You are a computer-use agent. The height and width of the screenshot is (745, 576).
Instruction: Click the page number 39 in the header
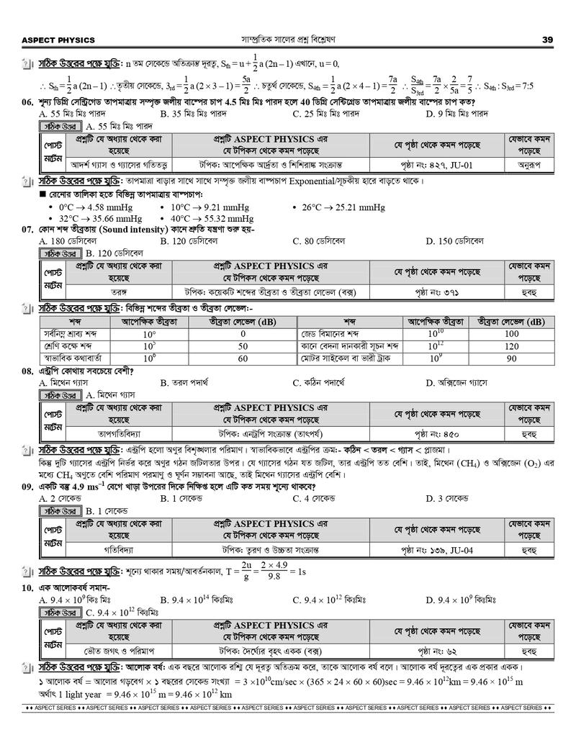click(x=547, y=40)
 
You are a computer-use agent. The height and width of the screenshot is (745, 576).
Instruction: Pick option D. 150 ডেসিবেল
click(x=454, y=240)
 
